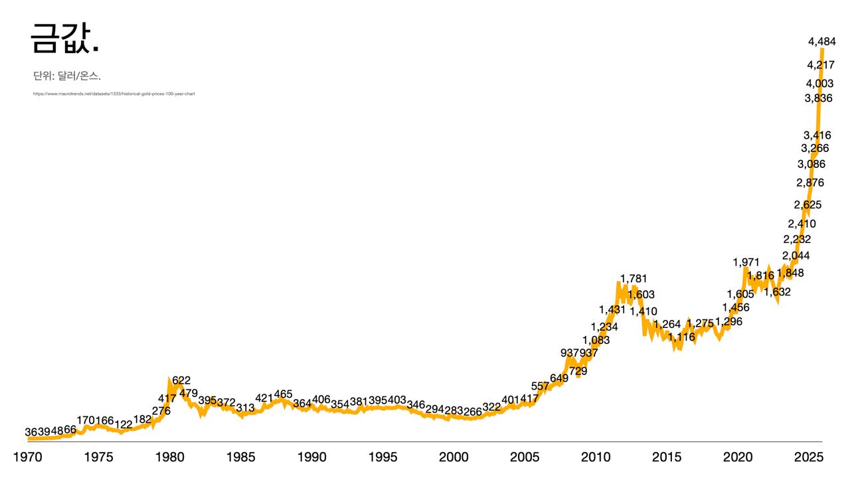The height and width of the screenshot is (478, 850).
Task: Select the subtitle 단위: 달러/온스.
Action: (x=66, y=77)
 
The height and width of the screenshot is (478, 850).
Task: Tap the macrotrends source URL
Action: (x=114, y=94)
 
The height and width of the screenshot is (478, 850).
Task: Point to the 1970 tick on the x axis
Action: (x=28, y=457)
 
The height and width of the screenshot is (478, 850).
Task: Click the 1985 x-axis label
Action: (x=240, y=457)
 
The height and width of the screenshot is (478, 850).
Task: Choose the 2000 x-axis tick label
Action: (x=454, y=457)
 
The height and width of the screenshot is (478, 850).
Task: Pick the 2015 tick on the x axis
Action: (x=667, y=457)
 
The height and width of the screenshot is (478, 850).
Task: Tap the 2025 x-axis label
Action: (x=809, y=457)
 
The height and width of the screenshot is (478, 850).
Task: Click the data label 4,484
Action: (x=821, y=42)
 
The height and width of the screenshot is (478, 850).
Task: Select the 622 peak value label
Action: (x=181, y=380)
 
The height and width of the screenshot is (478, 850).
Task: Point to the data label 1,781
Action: (x=633, y=278)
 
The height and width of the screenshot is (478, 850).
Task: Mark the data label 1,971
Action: (x=746, y=262)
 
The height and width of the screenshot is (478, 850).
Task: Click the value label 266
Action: (x=473, y=412)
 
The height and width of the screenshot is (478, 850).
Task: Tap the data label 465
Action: (x=283, y=394)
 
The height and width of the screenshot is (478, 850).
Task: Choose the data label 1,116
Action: (x=681, y=337)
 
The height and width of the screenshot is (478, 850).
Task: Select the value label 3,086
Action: (x=811, y=164)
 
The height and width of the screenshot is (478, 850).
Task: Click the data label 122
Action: (x=124, y=424)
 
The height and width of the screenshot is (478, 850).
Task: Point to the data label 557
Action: (x=540, y=386)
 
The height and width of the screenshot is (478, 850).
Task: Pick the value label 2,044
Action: (x=796, y=256)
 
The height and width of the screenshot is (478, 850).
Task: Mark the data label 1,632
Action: (x=777, y=291)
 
